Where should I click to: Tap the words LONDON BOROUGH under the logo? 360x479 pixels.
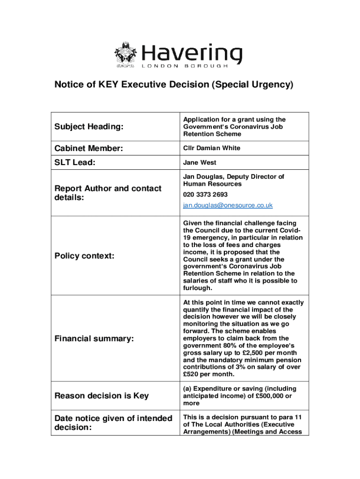[185, 66]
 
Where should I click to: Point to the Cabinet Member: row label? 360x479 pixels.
[89, 148]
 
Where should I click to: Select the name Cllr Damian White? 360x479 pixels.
[211, 148]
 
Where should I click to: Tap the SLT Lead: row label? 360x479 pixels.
[75, 162]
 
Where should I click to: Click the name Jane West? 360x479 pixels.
[200, 163]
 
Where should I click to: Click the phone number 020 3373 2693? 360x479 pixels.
[205, 195]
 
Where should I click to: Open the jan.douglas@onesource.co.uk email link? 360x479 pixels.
[228, 205]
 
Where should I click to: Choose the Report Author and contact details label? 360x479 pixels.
[108, 193]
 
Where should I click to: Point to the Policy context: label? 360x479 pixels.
[85, 256]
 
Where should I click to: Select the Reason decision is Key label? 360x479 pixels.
[102, 396]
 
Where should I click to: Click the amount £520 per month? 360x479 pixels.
[209, 374]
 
